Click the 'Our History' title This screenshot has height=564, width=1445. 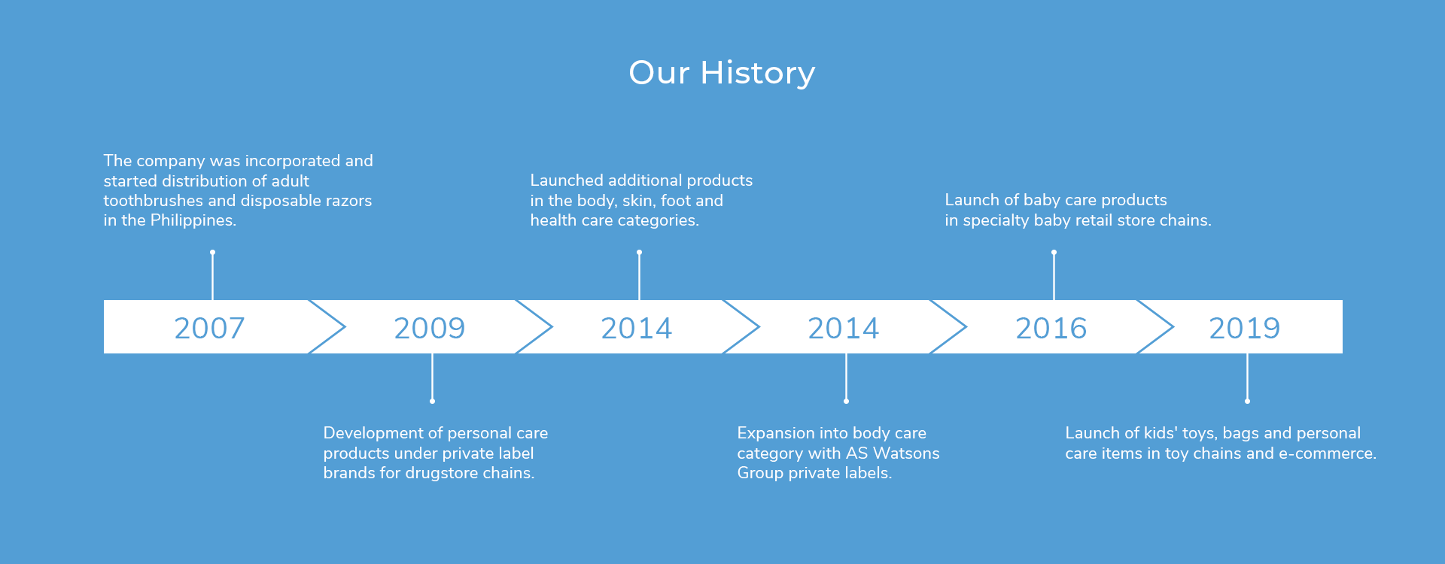coord(722,73)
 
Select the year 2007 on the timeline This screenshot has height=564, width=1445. coord(209,328)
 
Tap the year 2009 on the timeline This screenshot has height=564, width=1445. coord(429,328)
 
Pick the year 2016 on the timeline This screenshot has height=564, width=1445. coord(1051,328)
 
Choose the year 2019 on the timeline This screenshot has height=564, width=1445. coord(1244,328)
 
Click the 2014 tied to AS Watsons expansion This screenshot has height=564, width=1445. coord(843,328)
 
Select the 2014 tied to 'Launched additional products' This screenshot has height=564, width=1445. coord(636,328)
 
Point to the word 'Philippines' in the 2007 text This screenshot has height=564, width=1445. coord(193,220)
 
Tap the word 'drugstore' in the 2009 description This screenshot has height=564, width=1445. coord(442,473)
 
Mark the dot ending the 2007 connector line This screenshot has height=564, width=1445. coord(212,252)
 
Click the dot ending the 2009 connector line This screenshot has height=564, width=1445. coord(432,401)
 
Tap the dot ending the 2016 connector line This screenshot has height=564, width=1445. coord(1054,252)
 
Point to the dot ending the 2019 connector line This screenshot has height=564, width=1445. coord(1247,401)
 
